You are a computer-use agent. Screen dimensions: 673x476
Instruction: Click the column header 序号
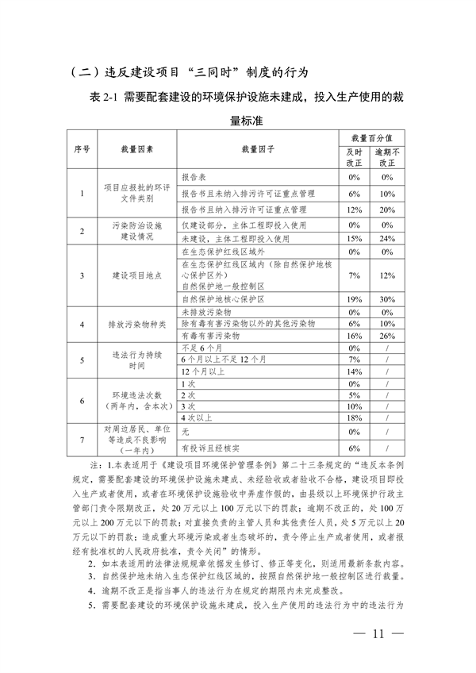[82, 148]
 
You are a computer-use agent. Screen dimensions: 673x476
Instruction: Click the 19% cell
[354, 299]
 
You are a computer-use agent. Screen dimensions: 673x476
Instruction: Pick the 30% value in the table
[388, 299]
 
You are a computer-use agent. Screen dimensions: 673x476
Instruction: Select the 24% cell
[388, 238]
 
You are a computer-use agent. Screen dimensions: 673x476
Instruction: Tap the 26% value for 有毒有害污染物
[388, 336]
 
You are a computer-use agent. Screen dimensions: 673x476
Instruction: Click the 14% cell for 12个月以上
[354, 371]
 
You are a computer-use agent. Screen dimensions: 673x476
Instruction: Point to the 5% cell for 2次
[354, 394]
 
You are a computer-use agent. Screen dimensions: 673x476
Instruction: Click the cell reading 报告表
[194, 177]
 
